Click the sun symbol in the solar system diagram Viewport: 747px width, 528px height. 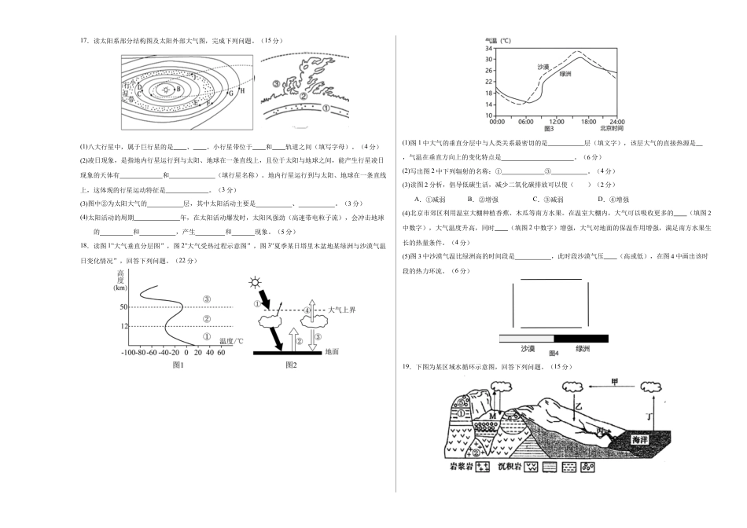[x=167, y=90]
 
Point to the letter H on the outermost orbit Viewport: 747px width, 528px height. [x=243, y=91]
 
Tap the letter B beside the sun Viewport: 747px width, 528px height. [x=179, y=90]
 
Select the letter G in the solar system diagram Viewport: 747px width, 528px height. [x=230, y=93]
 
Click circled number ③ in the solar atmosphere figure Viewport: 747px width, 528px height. [x=275, y=83]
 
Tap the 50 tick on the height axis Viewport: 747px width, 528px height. [x=123, y=306]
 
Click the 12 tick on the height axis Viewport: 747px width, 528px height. [x=123, y=325]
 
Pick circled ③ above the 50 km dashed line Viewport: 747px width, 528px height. [x=206, y=299]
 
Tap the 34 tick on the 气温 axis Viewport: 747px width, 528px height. [x=488, y=49]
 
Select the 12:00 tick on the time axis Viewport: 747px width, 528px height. [x=555, y=121]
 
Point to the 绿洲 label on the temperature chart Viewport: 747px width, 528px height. [x=565, y=74]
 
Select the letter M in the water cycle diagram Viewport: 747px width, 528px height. [x=494, y=415]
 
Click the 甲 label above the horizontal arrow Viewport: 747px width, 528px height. [x=616, y=382]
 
